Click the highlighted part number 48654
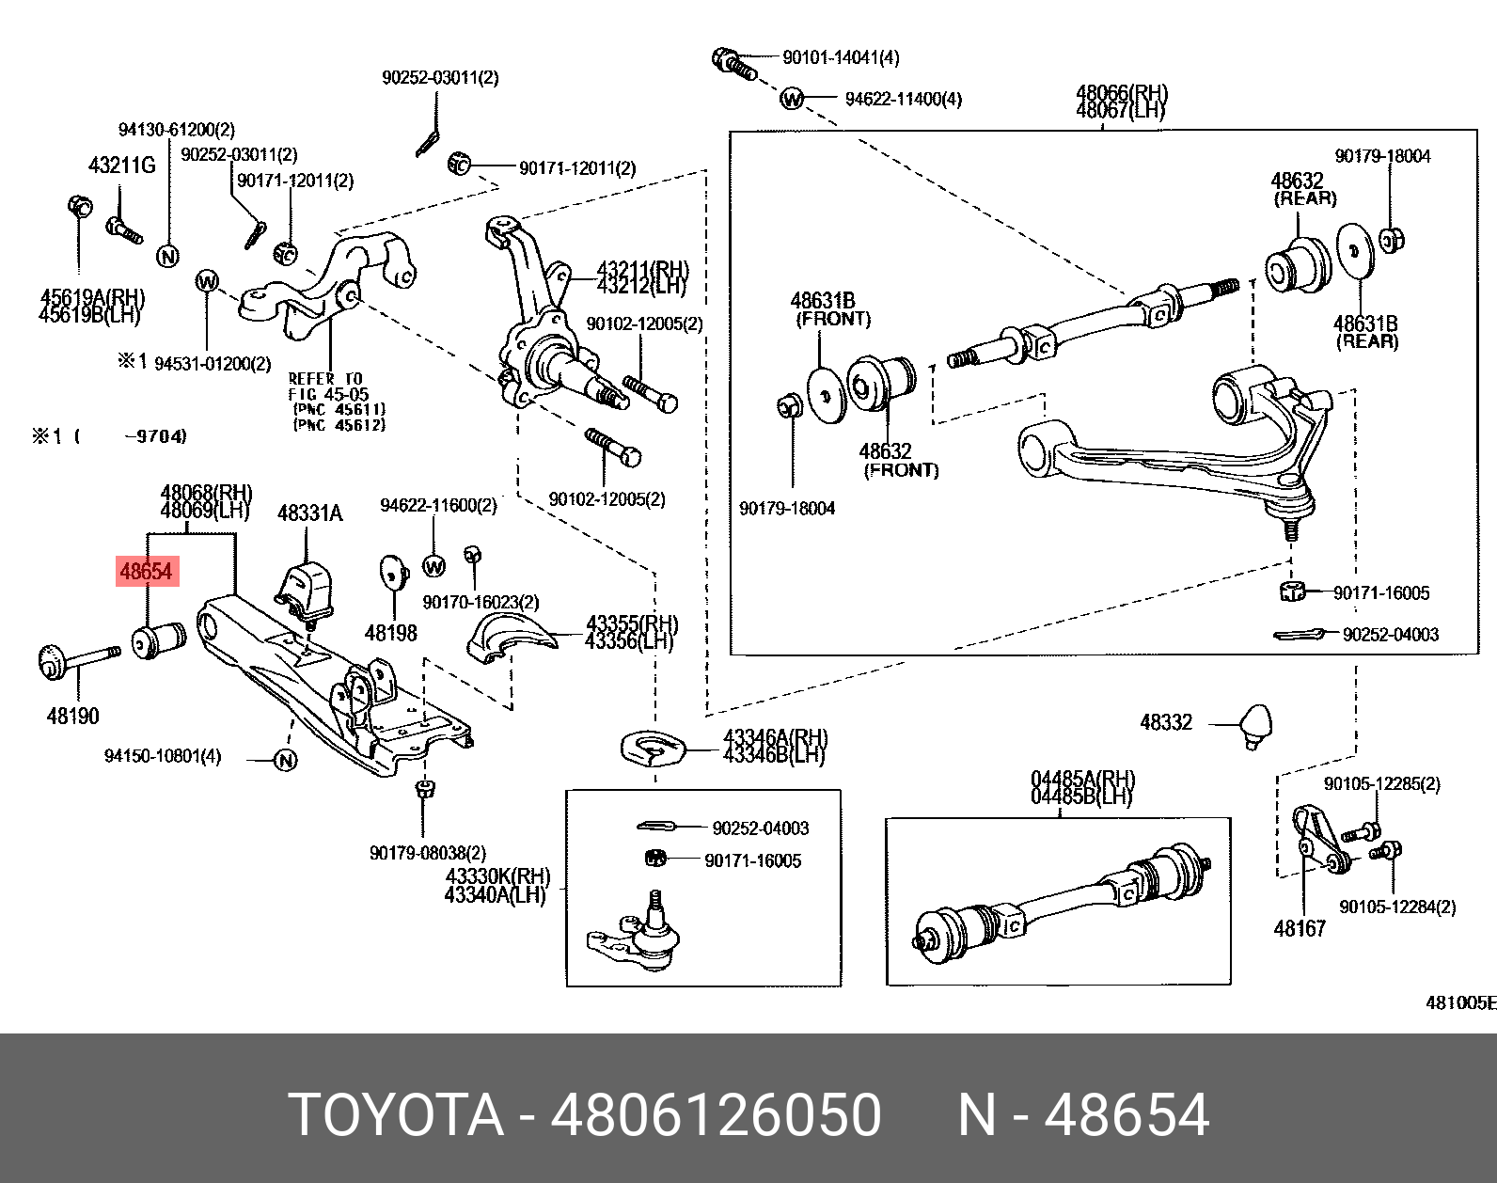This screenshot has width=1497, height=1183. pyautogui.click(x=147, y=571)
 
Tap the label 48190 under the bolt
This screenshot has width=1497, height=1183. pyautogui.click(x=72, y=717)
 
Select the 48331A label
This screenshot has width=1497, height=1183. pyautogui.click(x=309, y=513)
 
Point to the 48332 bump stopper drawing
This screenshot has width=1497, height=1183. pyautogui.click(x=1255, y=725)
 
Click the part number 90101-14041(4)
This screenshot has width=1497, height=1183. pyautogui.click(x=841, y=58)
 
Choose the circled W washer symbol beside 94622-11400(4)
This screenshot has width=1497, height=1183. pyautogui.click(x=793, y=99)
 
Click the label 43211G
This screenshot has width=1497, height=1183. pyautogui.click(x=121, y=166)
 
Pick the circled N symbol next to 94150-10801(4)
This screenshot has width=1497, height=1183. pyautogui.click(x=286, y=760)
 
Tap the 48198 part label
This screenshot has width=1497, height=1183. pyautogui.click(x=390, y=634)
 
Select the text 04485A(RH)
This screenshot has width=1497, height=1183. pyautogui.click(x=1082, y=780)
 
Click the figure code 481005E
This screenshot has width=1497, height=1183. pyautogui.click(x=1459, y=1002)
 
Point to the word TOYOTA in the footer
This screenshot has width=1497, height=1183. pyautogui.click(x=396, y=1115)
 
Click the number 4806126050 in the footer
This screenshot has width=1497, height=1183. pyautogui.click(x=716, y=1115)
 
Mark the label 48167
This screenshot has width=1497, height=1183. pyautogui.click(x=1299, y=929)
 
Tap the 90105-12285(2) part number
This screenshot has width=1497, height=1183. pyautogui.click(x=1381, y=784)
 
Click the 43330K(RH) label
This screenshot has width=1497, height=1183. pyautogui.click(x=497, y=877)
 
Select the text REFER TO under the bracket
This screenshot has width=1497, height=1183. pyautogui.click(x=324, y=379)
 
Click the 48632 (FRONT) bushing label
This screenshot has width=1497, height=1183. pyautogui.click(x=885, y=452)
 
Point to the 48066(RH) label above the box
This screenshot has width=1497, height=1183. pyautogui.click(x=1121, y=93)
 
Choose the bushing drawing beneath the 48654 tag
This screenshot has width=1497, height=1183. pyautogui.click(x=157, y=640)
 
